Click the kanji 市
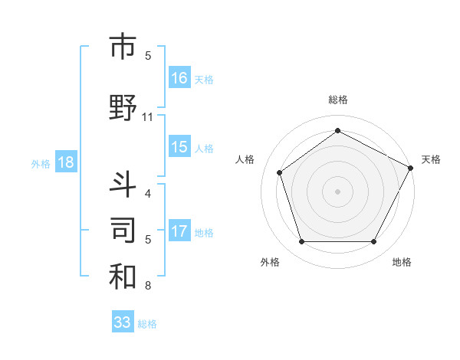click(123, 47)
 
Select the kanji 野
click(123, 107)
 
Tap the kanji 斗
click(123, 184)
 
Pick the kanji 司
click(123, 229)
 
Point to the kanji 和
click(123, 276)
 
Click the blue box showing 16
click(179, 77)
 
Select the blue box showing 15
click(179, 147)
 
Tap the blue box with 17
click(179, 231)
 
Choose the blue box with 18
click(65, 162)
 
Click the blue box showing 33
click(123, 322)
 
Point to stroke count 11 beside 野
click(148, 117)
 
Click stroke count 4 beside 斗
click(147, 194)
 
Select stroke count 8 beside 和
click(147, 286)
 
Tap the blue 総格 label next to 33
click(147, 324)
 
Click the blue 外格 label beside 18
click(40, 163)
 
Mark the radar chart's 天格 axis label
click(431, 159)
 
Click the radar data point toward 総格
click(337, 131)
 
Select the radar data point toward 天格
click(412, 167)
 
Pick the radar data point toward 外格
click(301, 242)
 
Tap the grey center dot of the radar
click(337, 191)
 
